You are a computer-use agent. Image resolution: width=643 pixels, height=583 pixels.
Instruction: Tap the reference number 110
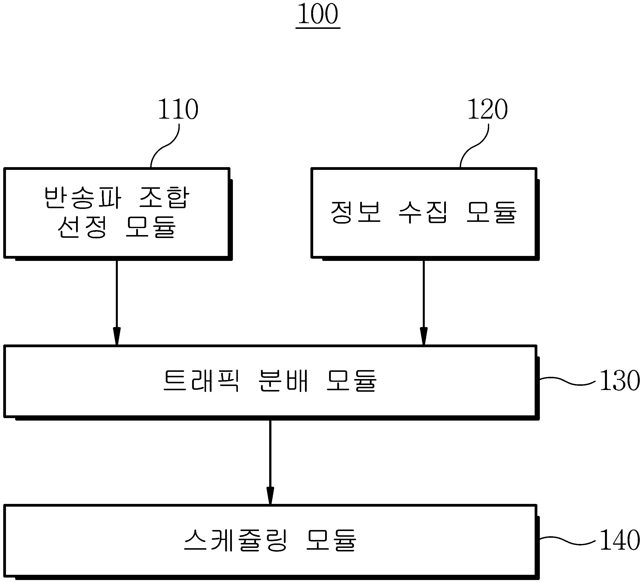point(178,109)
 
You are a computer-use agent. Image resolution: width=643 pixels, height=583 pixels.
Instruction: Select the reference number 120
point(487,109)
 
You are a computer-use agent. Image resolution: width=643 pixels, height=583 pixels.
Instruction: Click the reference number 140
point(620,540)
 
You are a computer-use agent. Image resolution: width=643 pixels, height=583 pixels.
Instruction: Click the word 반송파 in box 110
point(83,197)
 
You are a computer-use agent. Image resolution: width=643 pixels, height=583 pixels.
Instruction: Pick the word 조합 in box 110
point(164,197)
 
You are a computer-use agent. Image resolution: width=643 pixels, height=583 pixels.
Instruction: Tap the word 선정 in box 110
point(82,227)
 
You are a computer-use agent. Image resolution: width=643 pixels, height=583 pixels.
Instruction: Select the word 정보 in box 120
point(355,212)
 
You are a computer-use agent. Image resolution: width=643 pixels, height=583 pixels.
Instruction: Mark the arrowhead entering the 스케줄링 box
point(270,496)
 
